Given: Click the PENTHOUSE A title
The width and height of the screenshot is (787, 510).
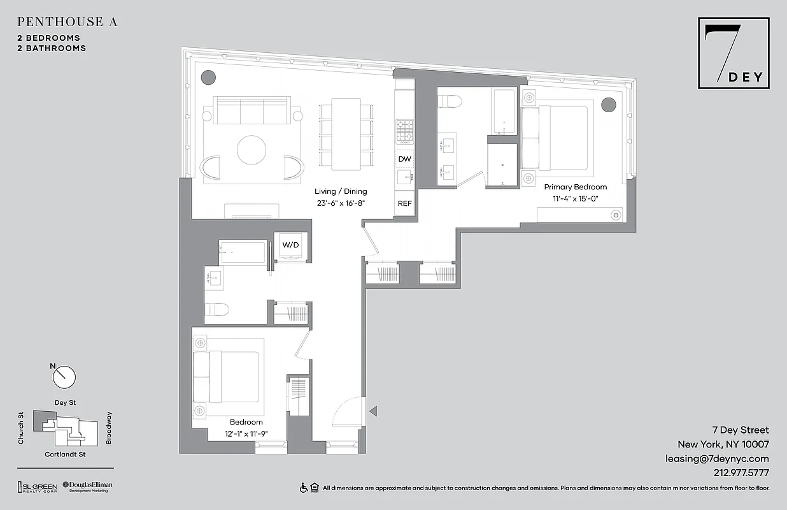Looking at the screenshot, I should [x=67, y=22].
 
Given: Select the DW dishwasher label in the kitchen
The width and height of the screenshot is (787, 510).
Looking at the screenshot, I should [x=404, y=159].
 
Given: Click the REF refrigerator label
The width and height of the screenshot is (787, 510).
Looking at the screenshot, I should [x=404, y=204].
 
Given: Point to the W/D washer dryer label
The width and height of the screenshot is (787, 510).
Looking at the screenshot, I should [x=291, y=244].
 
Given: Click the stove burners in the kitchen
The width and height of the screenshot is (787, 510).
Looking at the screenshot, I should [x=404, y=131].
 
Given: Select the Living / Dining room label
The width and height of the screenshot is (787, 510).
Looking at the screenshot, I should [x=341, y=191].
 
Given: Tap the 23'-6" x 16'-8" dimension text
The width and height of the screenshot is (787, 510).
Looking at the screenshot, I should [x=341, y=203].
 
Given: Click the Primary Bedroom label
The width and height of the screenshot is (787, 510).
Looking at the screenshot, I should [x=575, y=187].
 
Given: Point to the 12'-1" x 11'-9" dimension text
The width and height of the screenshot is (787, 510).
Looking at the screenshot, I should [x=246, y=433].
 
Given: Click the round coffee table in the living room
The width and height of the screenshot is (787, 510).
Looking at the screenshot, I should [x=252, y=150].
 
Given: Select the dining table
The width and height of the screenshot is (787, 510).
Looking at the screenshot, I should [x=346, y=134].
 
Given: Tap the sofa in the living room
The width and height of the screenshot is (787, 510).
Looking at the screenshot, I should [x=252, y=112].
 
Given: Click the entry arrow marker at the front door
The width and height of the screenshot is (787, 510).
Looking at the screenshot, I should [x=374, y=411].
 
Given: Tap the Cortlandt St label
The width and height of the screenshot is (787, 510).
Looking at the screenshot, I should [x=65, y=455].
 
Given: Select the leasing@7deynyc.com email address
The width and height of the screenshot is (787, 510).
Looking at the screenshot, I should [x=718, y=458].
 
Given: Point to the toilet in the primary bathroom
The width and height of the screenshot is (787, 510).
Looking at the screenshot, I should [x=451, y=101].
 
